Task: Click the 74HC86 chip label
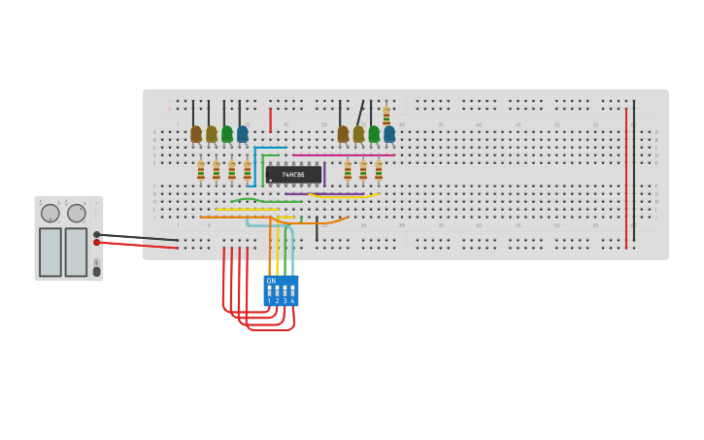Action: pos(293,175)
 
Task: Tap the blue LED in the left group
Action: pos(243,134)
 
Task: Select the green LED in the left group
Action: pos(227,134)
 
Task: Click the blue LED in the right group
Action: pos(389,134)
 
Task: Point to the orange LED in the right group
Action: pos(343,134)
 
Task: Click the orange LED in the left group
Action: pos(196,134)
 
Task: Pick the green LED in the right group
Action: pos(374,134)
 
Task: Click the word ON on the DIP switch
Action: pos(271,281)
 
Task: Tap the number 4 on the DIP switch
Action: pos(292,301)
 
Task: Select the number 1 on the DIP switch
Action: pos(269,301)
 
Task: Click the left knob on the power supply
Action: pos(50,214)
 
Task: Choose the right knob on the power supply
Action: pos(76,214)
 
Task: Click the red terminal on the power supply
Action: pos(96,242)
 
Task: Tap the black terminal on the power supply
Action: pos(96,234)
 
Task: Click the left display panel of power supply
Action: pos(50,252)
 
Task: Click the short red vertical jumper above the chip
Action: pos(270,119)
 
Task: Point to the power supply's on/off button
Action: pos(96,271)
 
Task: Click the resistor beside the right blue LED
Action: pos(386,116)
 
